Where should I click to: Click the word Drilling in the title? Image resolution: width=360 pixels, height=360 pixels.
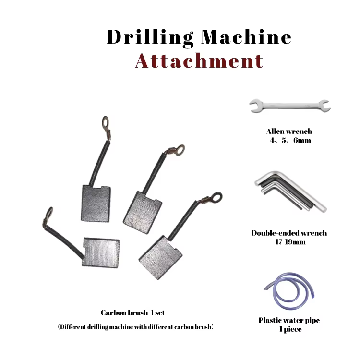click(x=150, y=37)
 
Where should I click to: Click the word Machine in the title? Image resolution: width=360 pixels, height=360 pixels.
click(x=246, y=37)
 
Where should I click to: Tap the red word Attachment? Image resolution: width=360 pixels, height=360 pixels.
click(x=199, y=61)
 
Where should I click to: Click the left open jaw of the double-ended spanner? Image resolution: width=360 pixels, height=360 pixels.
click(x=255, y=106)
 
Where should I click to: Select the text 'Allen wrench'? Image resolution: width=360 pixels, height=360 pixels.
click(x=289, y=132)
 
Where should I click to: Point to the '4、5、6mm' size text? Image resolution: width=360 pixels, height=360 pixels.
click(x=290, y=140)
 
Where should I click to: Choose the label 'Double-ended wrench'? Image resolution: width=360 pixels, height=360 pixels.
click(x=289, y=233)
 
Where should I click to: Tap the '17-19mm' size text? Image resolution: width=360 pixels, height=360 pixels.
click(x=290, y=242)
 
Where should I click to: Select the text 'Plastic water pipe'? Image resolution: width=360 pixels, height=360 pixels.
click(x=289, y=321)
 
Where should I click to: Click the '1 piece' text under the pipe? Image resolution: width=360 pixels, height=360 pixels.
click(x=290, y=329)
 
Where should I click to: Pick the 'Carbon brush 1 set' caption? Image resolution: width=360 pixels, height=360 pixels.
click(x=132, y=312)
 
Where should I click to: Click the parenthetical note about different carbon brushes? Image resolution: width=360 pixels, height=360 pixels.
click(x=135, y=327)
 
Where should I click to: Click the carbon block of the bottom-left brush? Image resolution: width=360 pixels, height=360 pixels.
click(x=101, y=252)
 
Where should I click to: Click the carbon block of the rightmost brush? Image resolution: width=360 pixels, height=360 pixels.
click(x=160, y=258)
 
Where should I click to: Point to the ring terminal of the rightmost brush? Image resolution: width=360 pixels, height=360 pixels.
click(x=216, y=197)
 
